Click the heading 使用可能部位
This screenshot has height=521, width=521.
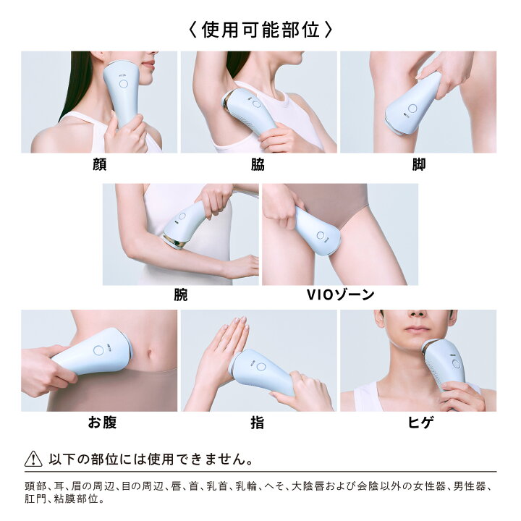pyautogui.click(x=260, y=30)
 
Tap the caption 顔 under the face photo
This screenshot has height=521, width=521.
pyautogui.click(x=99, y=164)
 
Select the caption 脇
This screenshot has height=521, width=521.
pyautogui.click(x=258, y=164)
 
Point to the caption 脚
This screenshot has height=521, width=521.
pyautogui.click(x=419, y=164)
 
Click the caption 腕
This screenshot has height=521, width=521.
pyautogui.click(x=181, y=295)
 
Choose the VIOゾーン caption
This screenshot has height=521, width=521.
pyautogui.click(x=340, y=295)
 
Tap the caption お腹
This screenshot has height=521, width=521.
pyautogui.click(x=102, y=423)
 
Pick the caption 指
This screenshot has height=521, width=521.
pyautogui.click(x=258, y=423)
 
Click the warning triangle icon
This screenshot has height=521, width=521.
pyautogui.click(x=33, y=459)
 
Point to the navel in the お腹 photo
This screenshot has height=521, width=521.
pyautogui.click(x=150, y=353)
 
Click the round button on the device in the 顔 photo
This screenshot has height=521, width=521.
pyautogui.click(x=123, y=84)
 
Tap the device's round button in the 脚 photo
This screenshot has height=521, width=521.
pyautogui.click(x=412, y=109)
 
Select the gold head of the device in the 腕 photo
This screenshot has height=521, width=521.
pyautogui.click(x=174, y=242)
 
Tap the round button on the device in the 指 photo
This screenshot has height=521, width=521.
pyautogui.click(x=261, y=367)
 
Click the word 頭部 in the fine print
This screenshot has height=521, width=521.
pyautogui.click(x=35, y=486)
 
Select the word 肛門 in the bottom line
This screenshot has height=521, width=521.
pyautogui.click(x=35, y=499)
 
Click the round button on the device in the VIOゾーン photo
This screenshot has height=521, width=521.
pyautogui.click(x=321, y=236)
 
